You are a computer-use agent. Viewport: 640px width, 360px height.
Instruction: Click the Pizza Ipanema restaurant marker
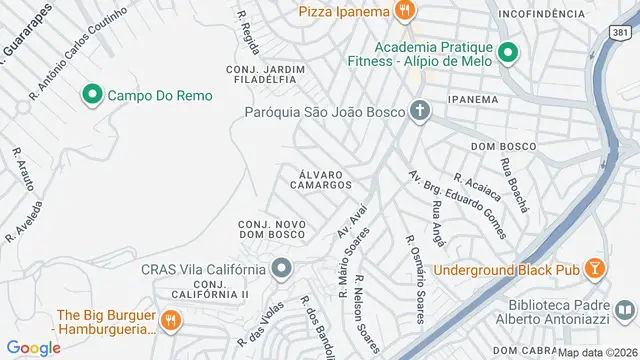click(404, 12)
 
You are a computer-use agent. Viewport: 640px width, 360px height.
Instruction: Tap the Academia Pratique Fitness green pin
click(507, 53)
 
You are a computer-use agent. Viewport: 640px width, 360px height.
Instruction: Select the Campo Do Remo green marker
click(92, 95)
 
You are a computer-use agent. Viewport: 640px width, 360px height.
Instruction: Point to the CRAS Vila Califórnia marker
click(282, 268)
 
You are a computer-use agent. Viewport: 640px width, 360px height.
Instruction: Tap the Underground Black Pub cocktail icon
click(595, 269)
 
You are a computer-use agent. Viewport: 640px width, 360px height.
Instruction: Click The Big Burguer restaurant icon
click(171, 321)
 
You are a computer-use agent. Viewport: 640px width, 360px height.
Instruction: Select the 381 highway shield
click(620, 33)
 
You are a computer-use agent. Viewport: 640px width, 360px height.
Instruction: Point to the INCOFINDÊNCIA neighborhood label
click(541, 14)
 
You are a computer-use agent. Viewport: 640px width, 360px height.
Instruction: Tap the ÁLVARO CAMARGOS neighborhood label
click(326, 178)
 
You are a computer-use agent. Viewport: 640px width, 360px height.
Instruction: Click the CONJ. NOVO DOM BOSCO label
click(272, 229)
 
